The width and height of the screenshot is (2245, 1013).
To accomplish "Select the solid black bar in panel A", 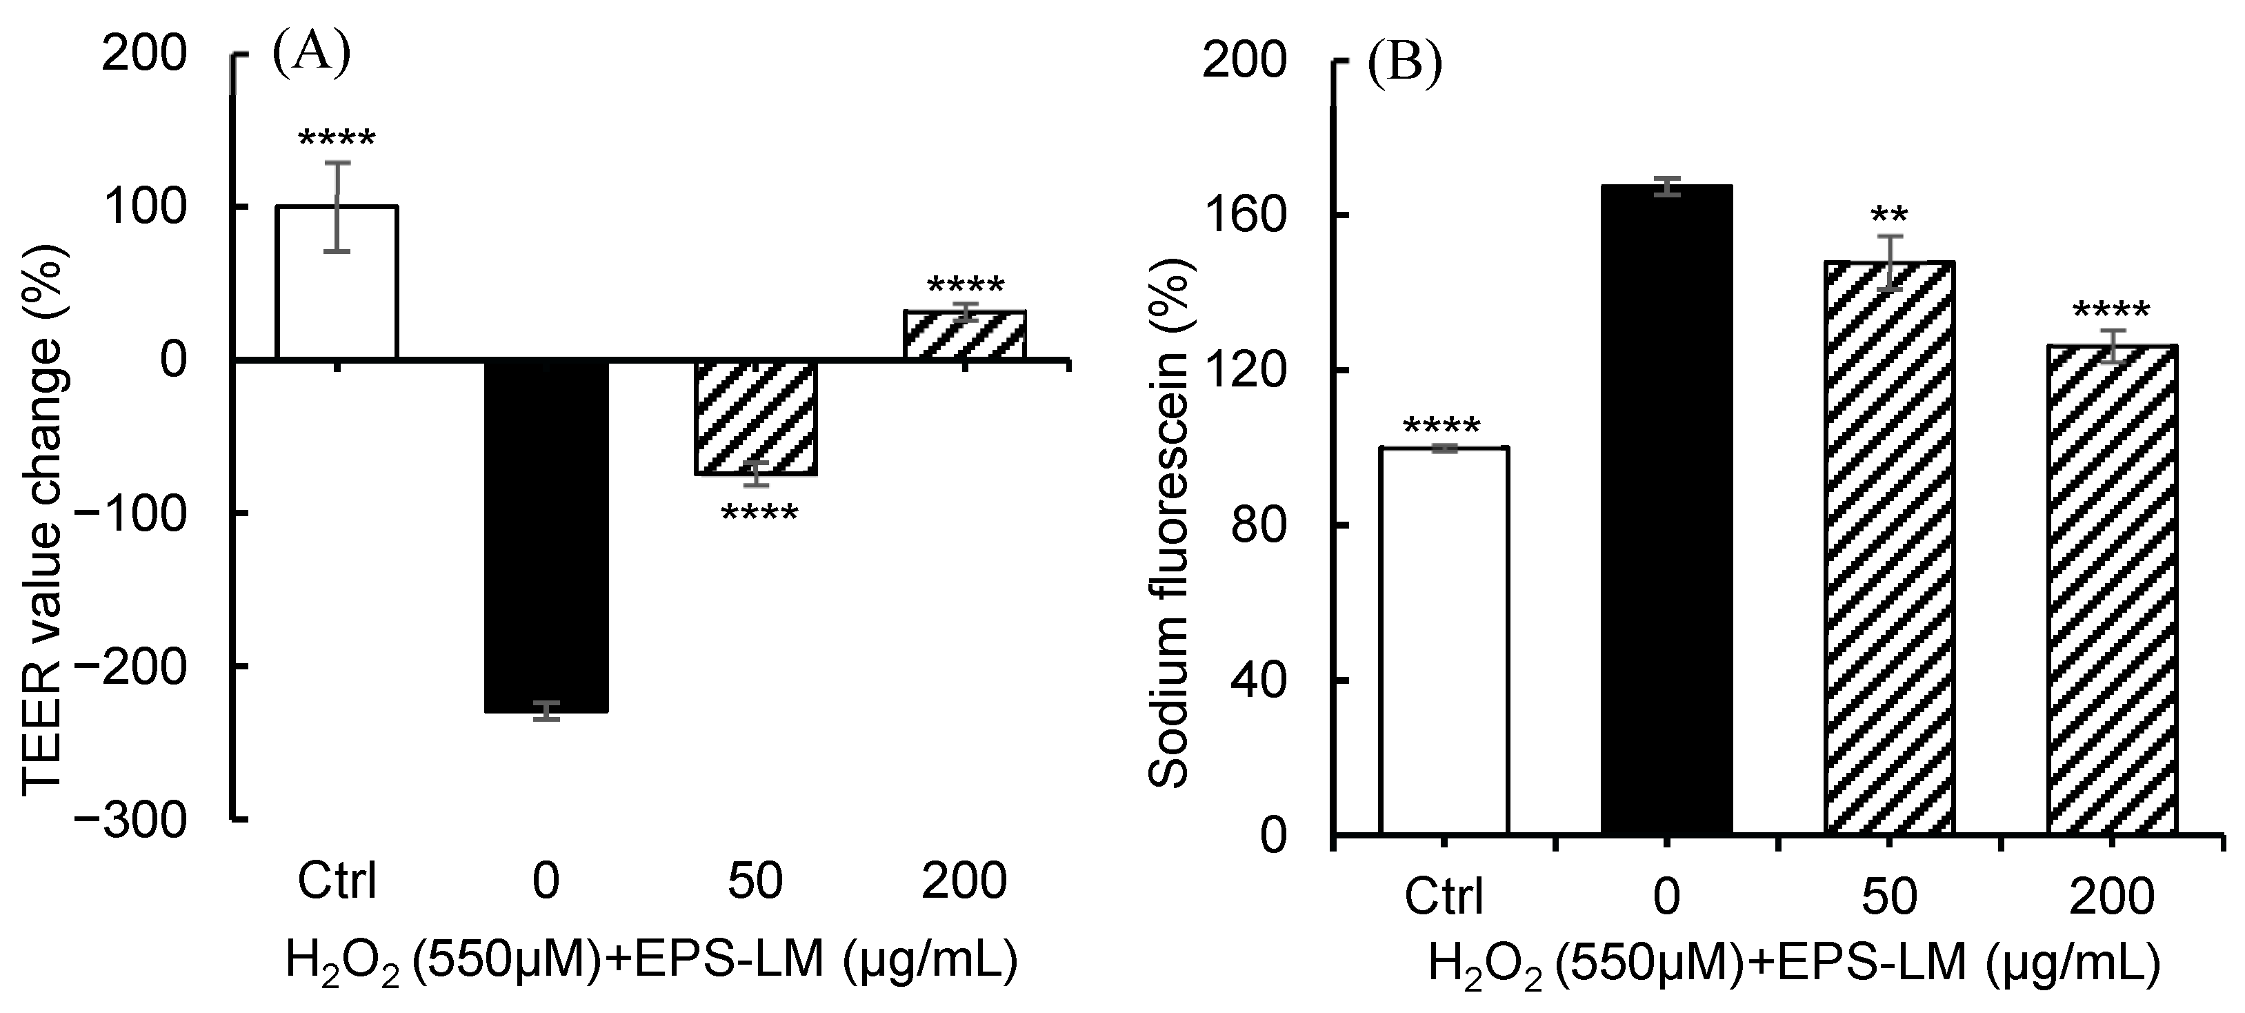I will (x=546, y=535).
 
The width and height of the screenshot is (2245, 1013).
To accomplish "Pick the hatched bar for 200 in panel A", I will (x=964, y=335).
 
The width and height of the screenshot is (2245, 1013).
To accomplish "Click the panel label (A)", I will (x=311, y=54).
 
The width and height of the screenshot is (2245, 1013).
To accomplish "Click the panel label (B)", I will (x=1404, y=63).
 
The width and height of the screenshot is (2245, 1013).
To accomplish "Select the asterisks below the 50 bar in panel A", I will (x=758, y=513).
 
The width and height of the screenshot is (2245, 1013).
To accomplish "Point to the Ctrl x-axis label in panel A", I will (x=337, y=881).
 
